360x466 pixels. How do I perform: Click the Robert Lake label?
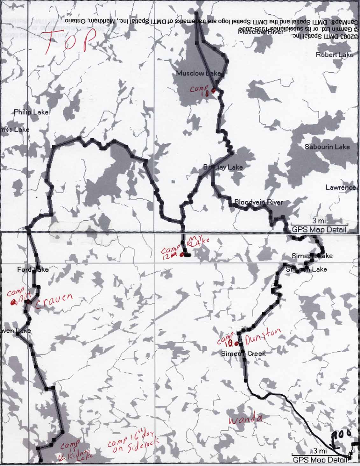click(334, 55)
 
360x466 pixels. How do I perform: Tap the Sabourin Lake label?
click(327, 147)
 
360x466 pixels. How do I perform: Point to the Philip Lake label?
click(31, 112)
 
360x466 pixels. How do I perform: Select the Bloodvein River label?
click(258, 202)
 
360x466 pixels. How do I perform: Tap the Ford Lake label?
click(33, 270)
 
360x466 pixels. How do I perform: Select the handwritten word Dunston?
click(264, 336)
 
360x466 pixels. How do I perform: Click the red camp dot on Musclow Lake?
click(214, 90)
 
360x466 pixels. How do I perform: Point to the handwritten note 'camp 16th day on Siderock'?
click(132, 443)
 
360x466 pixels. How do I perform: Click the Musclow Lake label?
click(198, 73)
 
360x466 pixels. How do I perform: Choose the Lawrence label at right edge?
click(340, 187)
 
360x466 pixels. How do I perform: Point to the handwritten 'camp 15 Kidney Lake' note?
click(74, 450)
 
